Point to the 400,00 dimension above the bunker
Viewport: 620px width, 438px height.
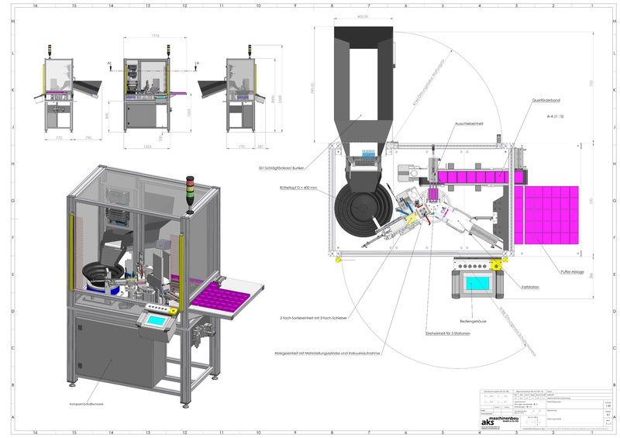(x=362, y=15)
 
